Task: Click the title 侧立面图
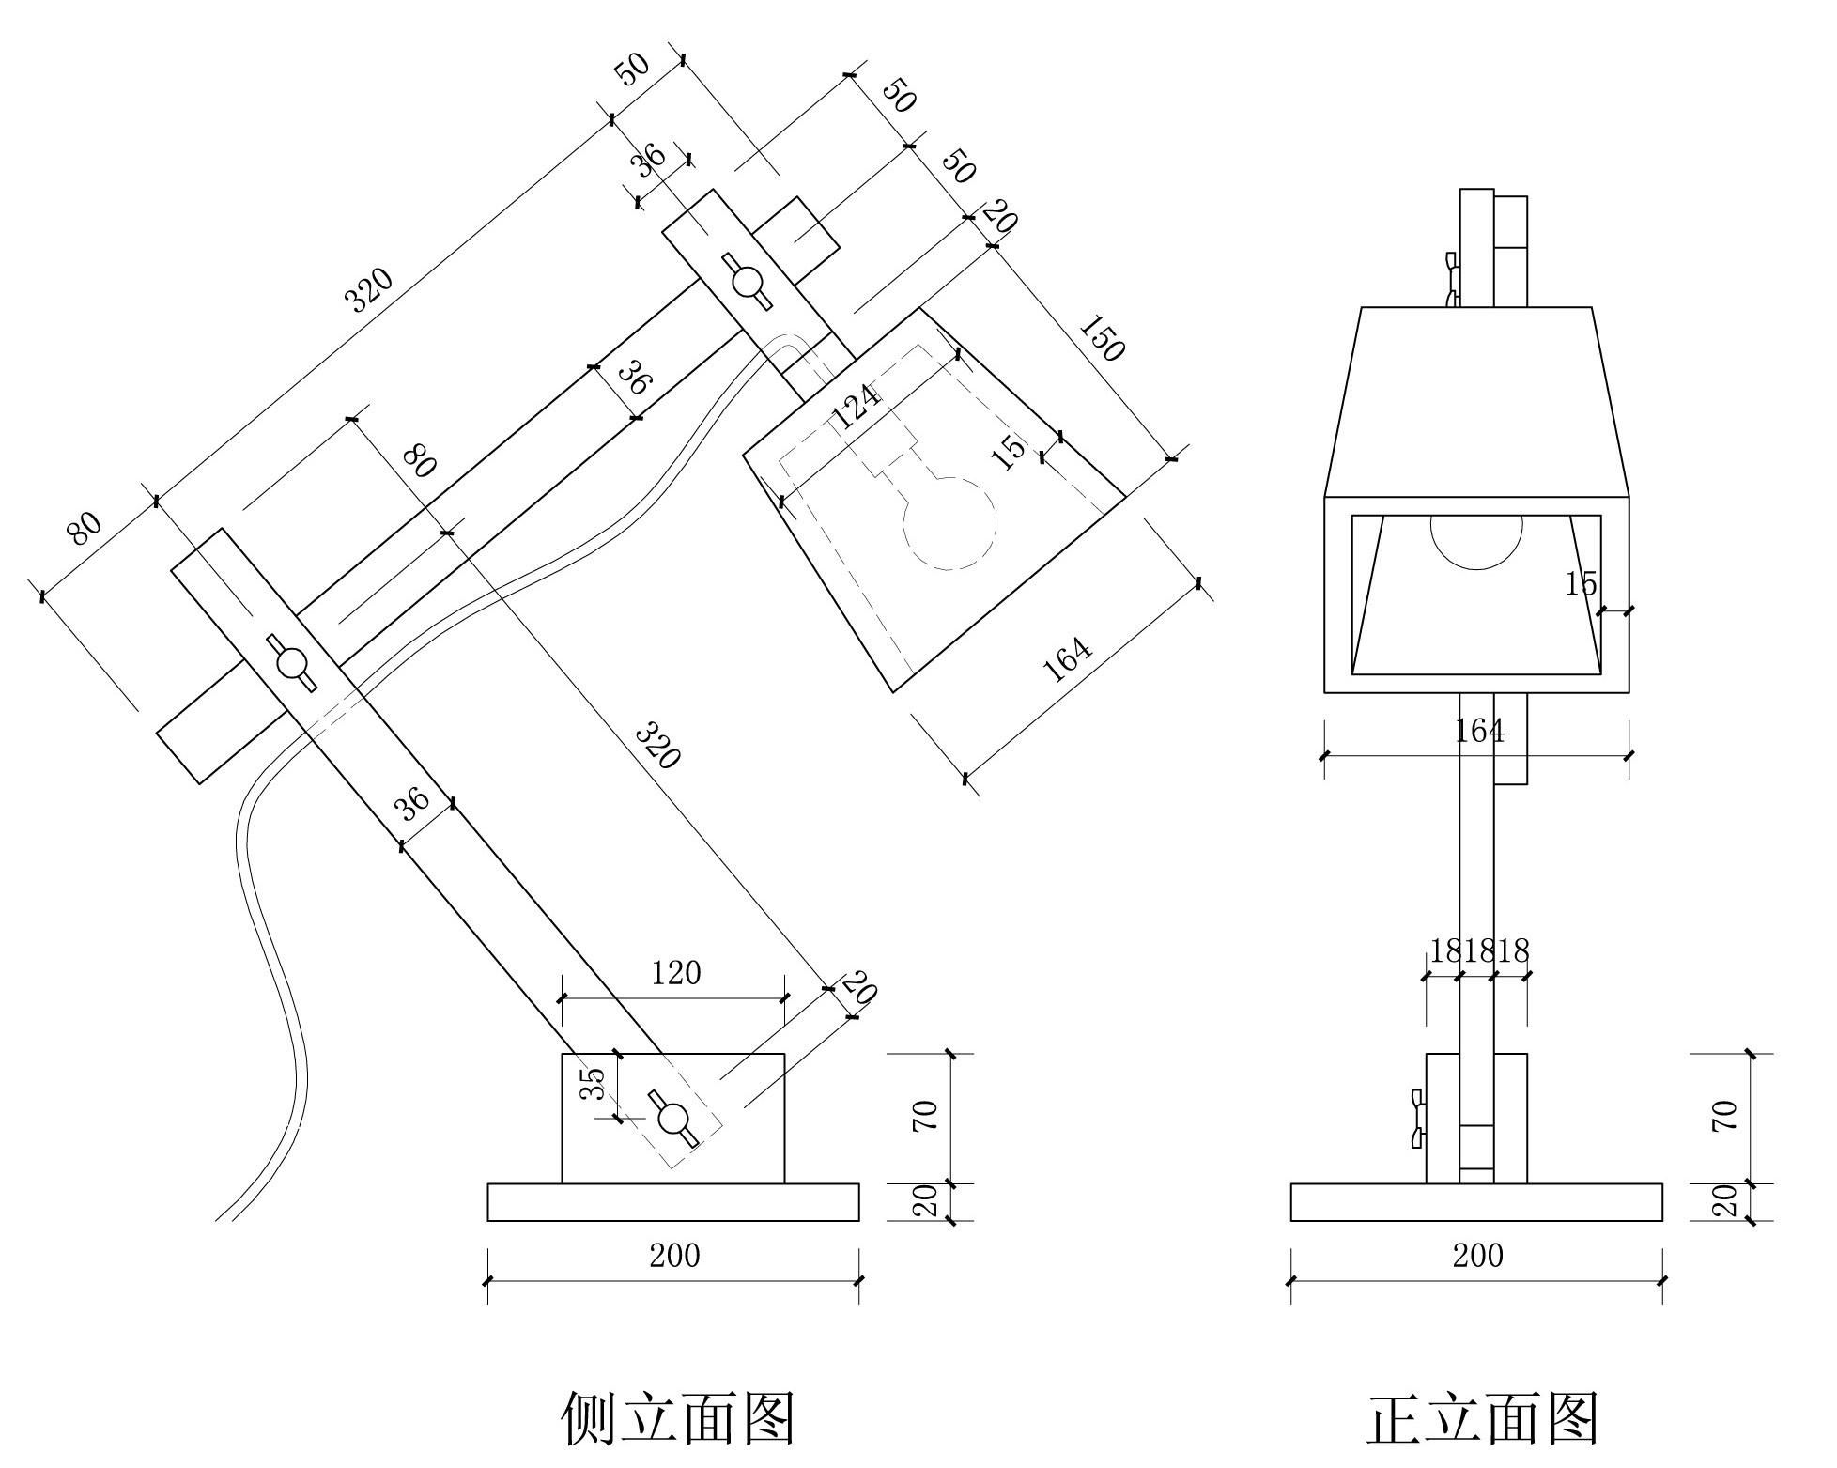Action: [x=678, y=1417]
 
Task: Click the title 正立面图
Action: [x=1482, y=1417]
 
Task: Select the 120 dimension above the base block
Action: [x=676, y=973]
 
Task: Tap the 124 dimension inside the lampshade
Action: [x=857, y=407]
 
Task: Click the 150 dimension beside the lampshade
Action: [x=1103, y=338]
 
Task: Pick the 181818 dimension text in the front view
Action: [x=1479, y=951]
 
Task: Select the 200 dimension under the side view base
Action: [x=674, y=1256]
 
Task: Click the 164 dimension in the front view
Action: [x=1479, y=730]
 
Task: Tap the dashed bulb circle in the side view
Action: [x=949, y=523]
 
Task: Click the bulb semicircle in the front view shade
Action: [x=1475, y=539]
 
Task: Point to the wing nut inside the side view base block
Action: [x=672, y=1119]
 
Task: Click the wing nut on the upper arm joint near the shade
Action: [x=748, y=281]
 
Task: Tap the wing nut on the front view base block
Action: [x=1418, y=1119]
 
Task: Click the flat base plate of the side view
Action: [x=672, y=1203]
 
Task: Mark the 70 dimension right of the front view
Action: [x=1726, y=1115]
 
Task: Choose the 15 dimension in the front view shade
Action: [x=1581, y=585]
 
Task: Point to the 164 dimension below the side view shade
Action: [x=1069, y=660]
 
